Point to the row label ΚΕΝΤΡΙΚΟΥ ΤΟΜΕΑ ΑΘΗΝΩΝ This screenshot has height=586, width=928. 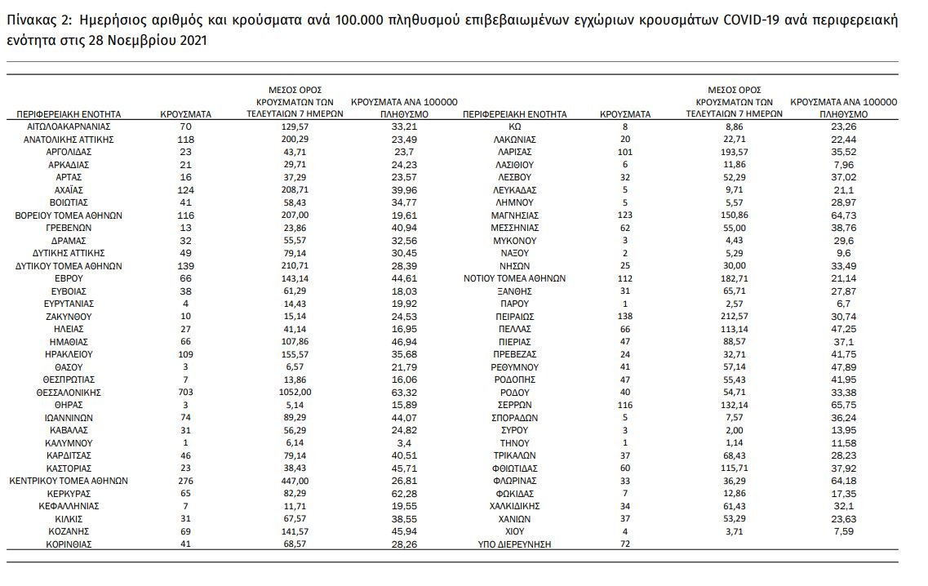coord(69,482)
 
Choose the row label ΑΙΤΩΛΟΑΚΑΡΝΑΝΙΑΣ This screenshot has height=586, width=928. coord(69,127)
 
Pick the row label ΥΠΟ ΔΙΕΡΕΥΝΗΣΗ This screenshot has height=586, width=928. coord(514,543)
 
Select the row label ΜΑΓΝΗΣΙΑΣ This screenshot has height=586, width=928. coord(514,215)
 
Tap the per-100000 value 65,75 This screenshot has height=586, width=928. coord(843,405)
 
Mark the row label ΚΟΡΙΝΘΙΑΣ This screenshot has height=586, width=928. coord(69,543)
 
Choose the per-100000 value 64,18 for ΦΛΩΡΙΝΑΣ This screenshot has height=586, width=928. coord(843,482)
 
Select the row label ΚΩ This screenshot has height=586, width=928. coord(514,127)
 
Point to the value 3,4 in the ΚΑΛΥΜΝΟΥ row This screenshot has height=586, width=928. coord(399,442)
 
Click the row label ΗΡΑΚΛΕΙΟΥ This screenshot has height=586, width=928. coord(69,355)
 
